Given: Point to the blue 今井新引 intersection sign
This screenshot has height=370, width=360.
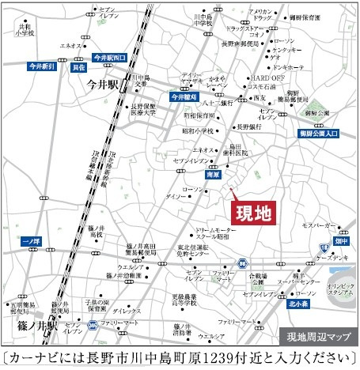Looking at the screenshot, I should (40, 67).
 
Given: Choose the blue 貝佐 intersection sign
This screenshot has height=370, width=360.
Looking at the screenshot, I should (78, 68).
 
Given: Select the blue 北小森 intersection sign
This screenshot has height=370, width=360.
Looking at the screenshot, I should (297, 302).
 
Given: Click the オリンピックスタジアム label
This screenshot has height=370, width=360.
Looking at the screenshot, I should (343, 289).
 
